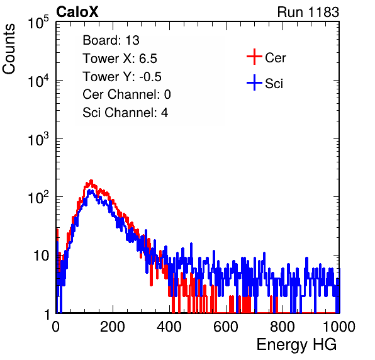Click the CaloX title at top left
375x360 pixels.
click(77, 12)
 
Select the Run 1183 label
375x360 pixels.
click(308, 12)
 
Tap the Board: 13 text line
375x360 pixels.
click(111, 40)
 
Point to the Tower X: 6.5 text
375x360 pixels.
click(120, 59)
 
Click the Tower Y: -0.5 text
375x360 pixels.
click(122, 77)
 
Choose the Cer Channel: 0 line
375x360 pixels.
click(126, 94)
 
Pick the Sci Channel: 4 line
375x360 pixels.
click(125, 113)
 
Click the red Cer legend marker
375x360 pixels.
click(254, 57)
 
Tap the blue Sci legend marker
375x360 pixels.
click(254, 83)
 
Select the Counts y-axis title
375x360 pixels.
click(9, 49)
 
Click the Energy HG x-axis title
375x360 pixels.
click(296, 345)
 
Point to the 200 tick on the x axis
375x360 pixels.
click(113, 327)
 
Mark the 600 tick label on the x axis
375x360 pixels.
click(226, 327)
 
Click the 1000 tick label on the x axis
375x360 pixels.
click(339, 327)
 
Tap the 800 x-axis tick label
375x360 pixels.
click(283, 327)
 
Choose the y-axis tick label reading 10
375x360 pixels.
click(42, 256)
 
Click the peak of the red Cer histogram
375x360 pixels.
click(91, 181)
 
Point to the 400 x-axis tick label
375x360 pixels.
click(169, 327)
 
